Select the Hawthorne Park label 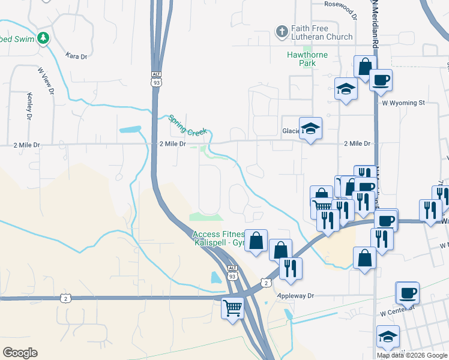point(307,58)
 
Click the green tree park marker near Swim point(43,38)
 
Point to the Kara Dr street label point(76,56)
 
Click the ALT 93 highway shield point(157,80)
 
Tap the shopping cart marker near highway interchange point(233,308)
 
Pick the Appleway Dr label point(296,296)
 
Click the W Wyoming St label point(403,103)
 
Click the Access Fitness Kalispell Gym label point(218,239)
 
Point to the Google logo point(20,353)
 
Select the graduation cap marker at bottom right point(388,337)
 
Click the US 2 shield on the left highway point(65,298)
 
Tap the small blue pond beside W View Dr point(130,129)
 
